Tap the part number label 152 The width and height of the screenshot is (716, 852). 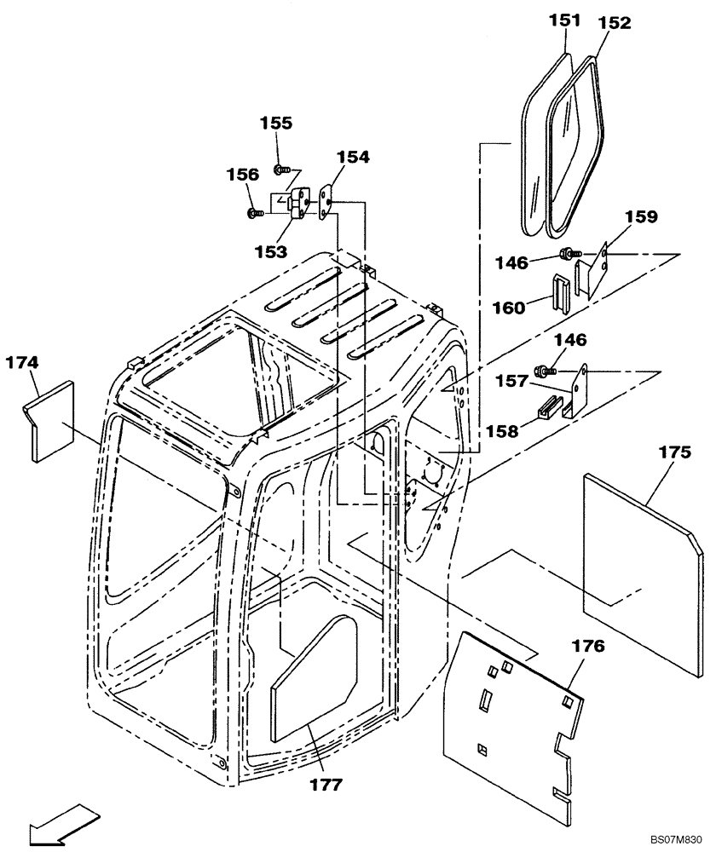(614, 23)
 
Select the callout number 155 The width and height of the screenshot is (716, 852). (276, 123)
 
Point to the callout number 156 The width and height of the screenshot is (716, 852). (242, 175)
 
